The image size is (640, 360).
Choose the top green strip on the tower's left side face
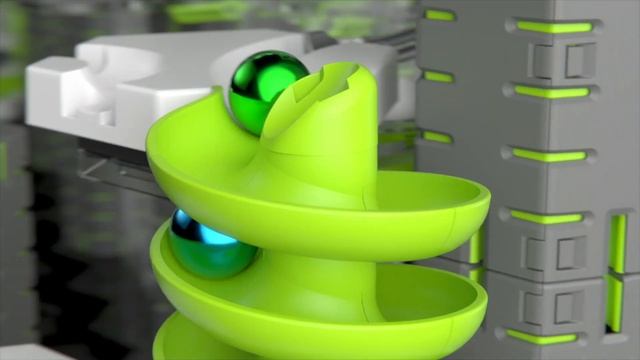pyautogui.click(x=439, y=15)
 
